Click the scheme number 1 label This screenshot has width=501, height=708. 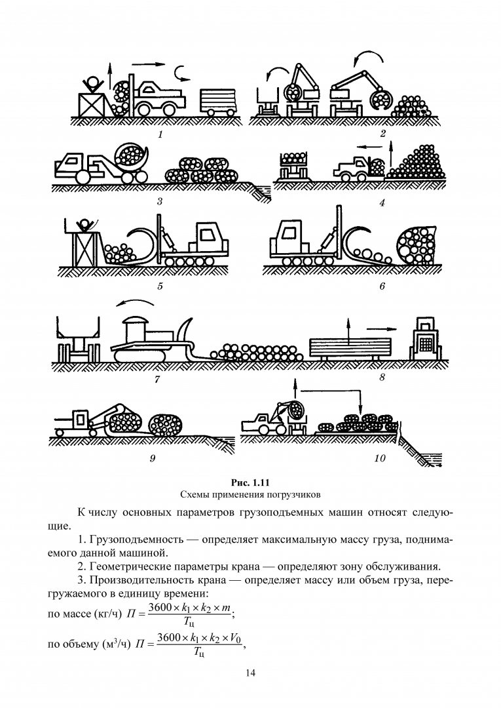(x=160, y=134)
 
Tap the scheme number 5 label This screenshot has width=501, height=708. (x=160, y=286)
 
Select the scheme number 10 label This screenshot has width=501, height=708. (x=380, y=458)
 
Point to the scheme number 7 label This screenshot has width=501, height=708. (x=157, y=378)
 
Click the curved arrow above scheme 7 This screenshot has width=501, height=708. (x=136, y=303)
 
